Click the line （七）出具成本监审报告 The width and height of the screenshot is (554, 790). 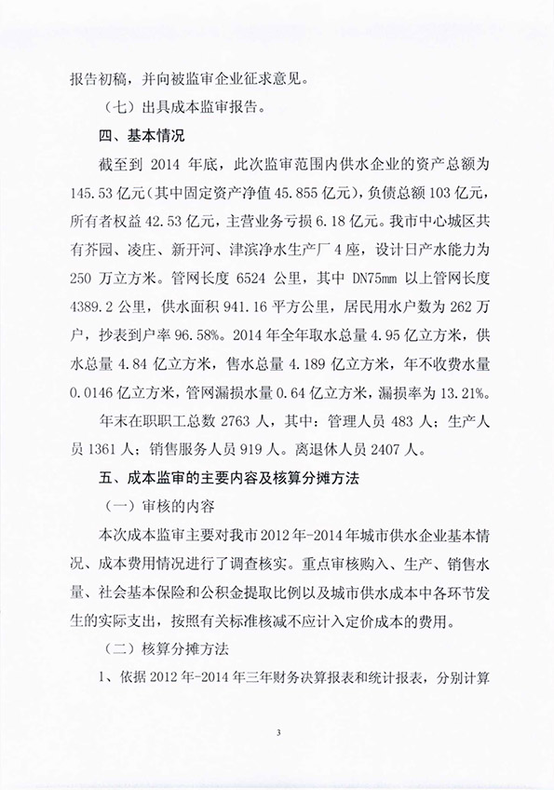(183, 106)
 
